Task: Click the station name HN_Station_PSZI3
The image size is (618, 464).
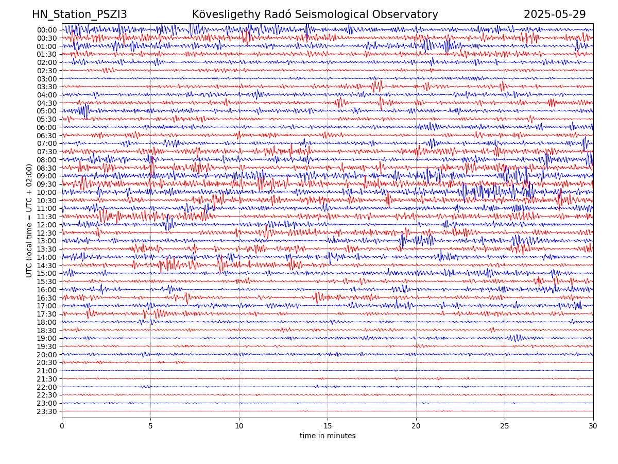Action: point(79,14)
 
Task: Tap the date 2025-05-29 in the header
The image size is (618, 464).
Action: point(555,14)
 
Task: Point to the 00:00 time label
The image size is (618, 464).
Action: point(47,30)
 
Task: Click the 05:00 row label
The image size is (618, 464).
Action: point(47,111)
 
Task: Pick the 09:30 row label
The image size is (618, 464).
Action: point(47,184)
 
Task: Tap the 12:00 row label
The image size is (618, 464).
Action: point(47,225)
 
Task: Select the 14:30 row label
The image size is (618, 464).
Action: point(47,266)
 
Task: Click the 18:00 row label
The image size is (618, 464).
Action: point(47,322)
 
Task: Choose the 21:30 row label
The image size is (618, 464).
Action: point(47,379)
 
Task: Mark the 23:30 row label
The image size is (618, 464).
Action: point(47,411)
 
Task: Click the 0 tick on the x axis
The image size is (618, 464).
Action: point(62,426)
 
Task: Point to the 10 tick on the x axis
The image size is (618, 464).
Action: point(239,426)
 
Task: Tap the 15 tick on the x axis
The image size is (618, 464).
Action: point(328,426)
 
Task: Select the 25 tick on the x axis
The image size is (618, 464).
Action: point(505,426)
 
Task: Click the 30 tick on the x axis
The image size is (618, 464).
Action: point(593,426)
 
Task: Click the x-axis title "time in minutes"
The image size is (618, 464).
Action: point(328,436)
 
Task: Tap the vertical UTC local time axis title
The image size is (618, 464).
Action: point(29,221)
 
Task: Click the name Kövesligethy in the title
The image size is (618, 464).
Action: point(227,14)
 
